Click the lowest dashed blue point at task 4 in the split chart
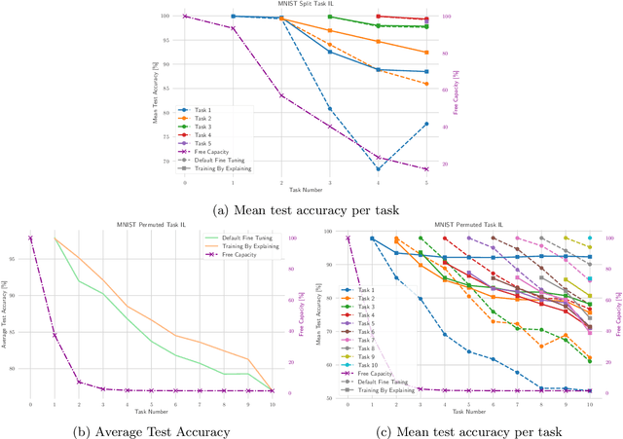coord(379,168)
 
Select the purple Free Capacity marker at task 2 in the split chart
coord(281,95)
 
